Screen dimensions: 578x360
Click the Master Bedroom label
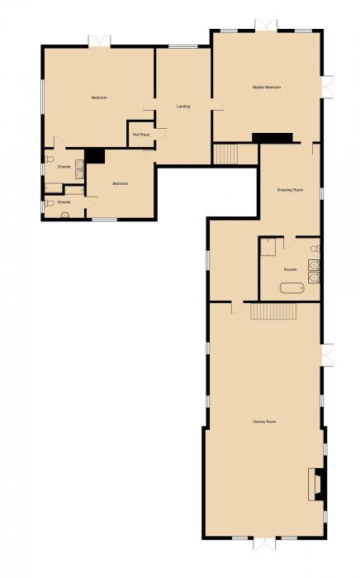tap(267, 88)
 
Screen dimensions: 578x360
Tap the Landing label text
tap(183, 107)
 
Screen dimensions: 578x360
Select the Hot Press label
tap(140, 134)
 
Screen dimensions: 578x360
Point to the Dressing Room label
tap(290, 191)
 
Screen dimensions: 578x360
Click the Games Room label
tap(264, 422)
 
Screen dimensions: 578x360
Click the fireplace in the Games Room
tap(315, 484)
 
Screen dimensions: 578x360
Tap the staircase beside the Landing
tap(226, 154)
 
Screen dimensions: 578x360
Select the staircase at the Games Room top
tap(273, 311)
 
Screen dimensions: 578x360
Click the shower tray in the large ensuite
tap(268, 247)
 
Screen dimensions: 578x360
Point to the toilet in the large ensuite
tap(315, 249)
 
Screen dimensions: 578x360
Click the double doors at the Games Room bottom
tap(264, 543)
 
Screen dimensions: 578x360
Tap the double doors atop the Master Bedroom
tap(266, 26)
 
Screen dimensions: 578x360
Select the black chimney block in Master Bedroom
tap(272, 137)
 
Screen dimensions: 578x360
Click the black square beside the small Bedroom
tap(94, 155)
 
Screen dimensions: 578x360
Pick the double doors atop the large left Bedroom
tap(99, 40)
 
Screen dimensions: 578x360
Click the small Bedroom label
tap(120, 183)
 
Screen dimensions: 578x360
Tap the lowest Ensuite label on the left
tap(64, 202)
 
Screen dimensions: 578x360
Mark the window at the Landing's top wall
tap(182, 46)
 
